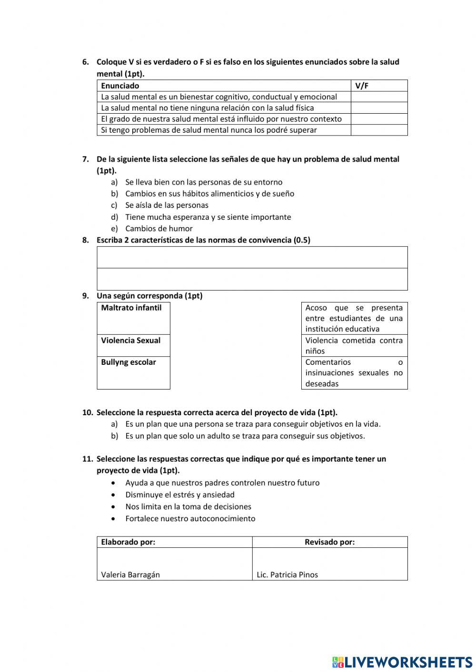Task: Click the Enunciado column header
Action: coord(120,86)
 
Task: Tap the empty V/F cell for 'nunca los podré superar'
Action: coord(379,130)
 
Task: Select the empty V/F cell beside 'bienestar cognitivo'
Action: coord(379,97)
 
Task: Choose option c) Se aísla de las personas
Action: coord(167,205)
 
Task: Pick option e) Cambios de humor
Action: coord(159,228)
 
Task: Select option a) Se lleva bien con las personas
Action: coord(203,182)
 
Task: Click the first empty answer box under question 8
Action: coord(252,257)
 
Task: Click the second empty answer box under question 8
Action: coord(252,279)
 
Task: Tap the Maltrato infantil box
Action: coord(133,318)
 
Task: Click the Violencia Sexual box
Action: coord(133,345)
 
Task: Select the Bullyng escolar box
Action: coord(133,372)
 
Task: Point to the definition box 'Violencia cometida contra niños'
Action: coord(354,346)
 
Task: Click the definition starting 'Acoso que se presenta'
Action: coord(354,318)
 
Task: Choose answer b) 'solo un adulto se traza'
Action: coord(245,436)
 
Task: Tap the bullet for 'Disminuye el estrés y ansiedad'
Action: coord(113,495)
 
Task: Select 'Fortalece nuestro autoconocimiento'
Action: coord(190,518)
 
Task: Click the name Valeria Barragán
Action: coord(130,575)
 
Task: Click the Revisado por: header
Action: coord(329,542)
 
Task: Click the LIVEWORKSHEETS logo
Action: coord(402,662)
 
